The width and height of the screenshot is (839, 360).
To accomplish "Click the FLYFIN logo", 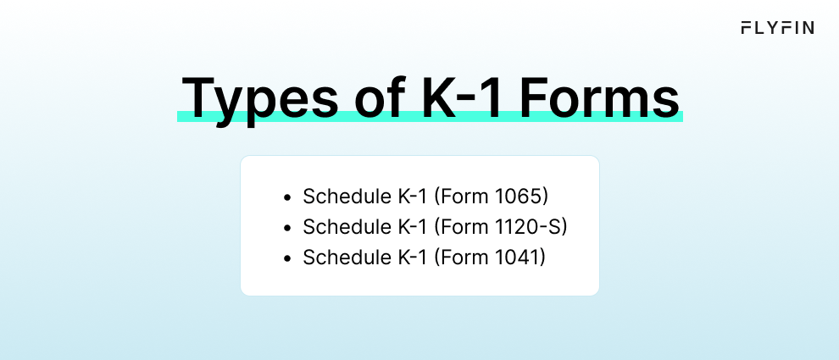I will (x=777, y=28).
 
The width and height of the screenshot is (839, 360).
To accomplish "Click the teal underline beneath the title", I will (x=430, y=117).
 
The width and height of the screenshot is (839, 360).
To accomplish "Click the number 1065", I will (x=520, y=197).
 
